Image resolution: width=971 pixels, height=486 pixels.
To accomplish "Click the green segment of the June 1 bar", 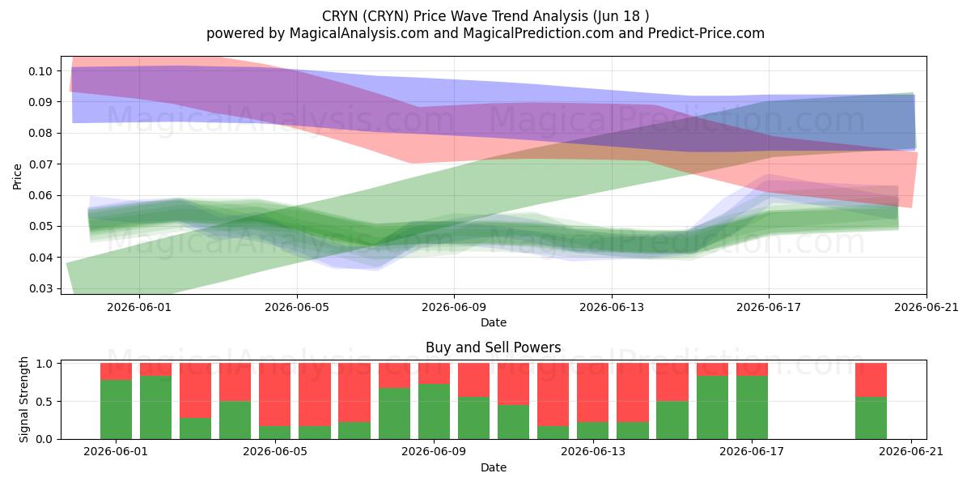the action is click(x=116, y=409).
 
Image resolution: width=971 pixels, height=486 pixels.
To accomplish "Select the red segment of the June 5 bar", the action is click(x=275, y=394).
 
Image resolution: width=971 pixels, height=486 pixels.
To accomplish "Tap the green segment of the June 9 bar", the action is click(x=434, y=411).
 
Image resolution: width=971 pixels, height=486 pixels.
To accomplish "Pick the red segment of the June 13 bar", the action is click(x=592, y=393).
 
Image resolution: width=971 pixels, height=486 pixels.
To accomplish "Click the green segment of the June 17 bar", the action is click(x=752, y=407).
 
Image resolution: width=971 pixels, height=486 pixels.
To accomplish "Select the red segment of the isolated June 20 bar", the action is click(x=871, y=380).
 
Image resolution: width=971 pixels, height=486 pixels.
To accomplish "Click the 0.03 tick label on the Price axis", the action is click(x=40, y=288).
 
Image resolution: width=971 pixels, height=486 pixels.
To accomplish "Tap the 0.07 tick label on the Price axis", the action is click(x=40, y=164).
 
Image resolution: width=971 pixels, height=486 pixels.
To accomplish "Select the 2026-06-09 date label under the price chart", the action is click(x=454, y=307).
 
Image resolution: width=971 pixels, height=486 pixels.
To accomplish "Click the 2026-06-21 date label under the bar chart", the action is click(x=911, y=452).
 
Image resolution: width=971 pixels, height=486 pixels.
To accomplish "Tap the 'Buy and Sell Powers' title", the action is click(x=494, y=347).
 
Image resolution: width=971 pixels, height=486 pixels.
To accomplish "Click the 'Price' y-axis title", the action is click(x=17, y=177).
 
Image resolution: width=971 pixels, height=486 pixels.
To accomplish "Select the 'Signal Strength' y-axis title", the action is click(x=23, y=399).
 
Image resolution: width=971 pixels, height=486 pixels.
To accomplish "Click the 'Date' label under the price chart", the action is click(x=494, y=322).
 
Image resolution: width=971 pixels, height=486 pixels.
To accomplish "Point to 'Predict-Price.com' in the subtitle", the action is click(x=706, y=33).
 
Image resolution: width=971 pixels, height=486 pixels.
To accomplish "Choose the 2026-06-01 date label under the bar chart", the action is click(x=116, y=452).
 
